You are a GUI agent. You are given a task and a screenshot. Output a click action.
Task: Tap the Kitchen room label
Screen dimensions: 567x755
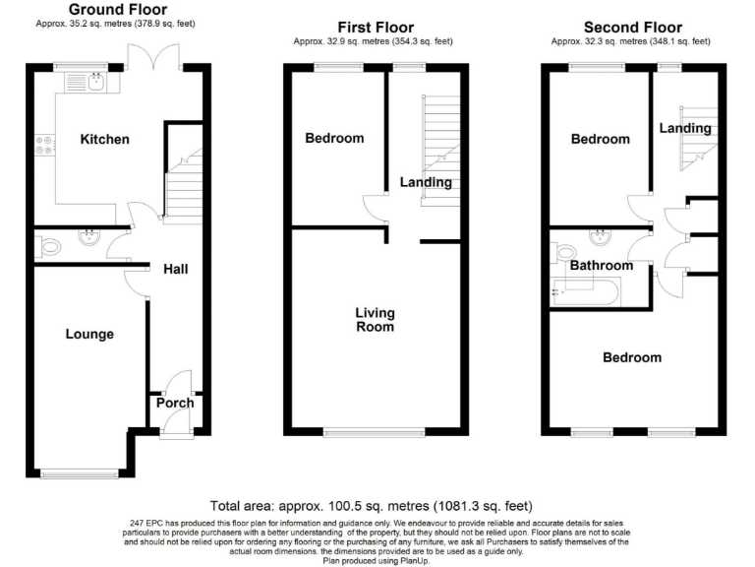104,139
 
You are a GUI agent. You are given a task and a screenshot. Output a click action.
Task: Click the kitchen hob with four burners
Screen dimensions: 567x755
44,146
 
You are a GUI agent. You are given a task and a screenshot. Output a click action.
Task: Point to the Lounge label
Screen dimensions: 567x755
89,334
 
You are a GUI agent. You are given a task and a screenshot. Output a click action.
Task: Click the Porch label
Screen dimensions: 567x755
175,403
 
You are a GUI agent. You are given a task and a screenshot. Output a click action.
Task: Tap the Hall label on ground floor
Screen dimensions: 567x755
176,269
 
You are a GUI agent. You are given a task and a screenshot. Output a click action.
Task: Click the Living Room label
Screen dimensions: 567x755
375,320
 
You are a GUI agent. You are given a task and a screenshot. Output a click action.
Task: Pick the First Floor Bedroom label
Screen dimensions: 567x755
333,138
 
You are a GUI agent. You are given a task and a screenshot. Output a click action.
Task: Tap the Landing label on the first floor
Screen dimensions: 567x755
425,182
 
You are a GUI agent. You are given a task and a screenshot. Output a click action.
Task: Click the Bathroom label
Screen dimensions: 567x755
602,266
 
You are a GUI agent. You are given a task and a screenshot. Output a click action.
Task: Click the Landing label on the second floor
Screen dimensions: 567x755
685,128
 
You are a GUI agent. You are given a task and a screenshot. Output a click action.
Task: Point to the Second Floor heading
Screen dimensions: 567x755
632,28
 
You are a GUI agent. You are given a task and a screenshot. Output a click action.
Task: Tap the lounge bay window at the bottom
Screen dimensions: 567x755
82,473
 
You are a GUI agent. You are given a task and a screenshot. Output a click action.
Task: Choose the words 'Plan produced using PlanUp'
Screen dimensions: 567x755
378,560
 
